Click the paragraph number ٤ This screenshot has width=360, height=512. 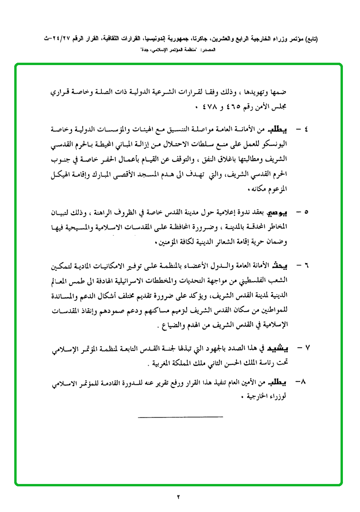pyautogui.click(x=306, y=130)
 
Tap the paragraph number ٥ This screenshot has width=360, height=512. pyautogui.click(x=306, y=210)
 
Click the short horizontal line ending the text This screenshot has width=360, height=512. pyautogui.click(x=180, y=417)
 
